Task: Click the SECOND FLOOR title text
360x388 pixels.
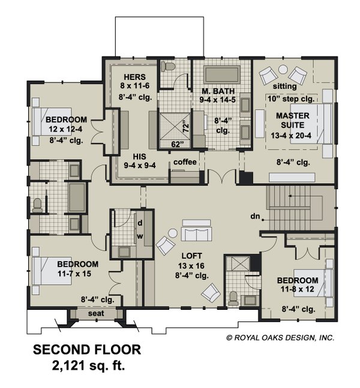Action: (86, 350)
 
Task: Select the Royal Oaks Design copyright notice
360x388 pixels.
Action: (280, 338)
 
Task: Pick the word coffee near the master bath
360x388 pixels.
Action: (185, 162)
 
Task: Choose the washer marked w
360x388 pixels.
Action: (139, 235)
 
